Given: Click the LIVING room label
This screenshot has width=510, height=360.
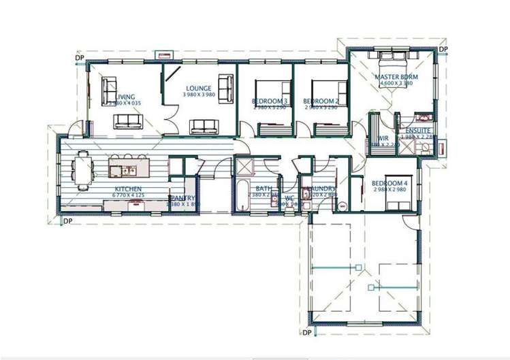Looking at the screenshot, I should pos(126,97).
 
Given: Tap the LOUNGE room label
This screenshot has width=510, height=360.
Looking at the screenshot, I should pos(199,88).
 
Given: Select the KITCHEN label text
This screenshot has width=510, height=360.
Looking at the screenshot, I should pos(128,189).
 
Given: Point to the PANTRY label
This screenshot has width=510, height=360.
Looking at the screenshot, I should pos(182,198).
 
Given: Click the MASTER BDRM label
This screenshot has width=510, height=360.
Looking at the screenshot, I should pos(396,78).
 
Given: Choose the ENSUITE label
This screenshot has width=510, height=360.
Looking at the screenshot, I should pos(417,130).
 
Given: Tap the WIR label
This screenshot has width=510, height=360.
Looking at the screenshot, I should pos(383,137).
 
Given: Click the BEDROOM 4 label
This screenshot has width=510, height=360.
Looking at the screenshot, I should pos(390,183).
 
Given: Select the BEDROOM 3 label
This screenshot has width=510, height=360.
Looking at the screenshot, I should pos(270,101).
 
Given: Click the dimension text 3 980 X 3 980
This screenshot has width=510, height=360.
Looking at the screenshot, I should pos(199,95).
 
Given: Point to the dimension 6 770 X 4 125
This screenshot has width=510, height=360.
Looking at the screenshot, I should pos(128,195).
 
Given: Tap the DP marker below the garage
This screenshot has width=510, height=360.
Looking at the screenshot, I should pos(306,332).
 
